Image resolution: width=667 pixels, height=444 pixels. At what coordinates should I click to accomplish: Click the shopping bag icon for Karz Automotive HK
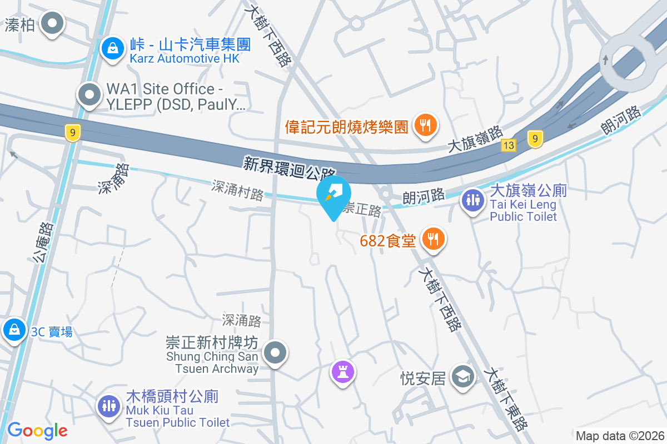[113, 48]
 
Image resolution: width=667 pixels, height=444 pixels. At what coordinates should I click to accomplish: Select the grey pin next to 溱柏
[53, 24]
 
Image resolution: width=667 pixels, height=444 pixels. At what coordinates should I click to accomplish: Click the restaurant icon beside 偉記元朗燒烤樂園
[426, 125]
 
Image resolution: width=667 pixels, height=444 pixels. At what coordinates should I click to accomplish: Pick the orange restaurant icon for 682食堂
[433, 239]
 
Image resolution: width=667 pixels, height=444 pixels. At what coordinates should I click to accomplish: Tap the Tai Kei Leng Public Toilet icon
[473, 199]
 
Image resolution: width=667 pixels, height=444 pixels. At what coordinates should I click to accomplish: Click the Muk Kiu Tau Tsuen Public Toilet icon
[109, 405]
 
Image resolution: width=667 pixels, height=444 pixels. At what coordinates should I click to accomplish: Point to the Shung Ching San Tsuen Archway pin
[274, 352]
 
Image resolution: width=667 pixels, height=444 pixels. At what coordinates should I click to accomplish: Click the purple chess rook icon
[342, 371]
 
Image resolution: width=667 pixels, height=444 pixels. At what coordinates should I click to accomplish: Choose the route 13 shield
[508, 145]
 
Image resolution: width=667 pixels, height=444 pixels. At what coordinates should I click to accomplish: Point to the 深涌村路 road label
[237, 190]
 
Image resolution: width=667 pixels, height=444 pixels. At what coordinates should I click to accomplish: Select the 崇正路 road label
[362, 210]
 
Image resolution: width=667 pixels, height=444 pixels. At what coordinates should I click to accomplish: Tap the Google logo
[37, 431]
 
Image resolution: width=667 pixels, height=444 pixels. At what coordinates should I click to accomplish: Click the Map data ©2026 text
[620, 436]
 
